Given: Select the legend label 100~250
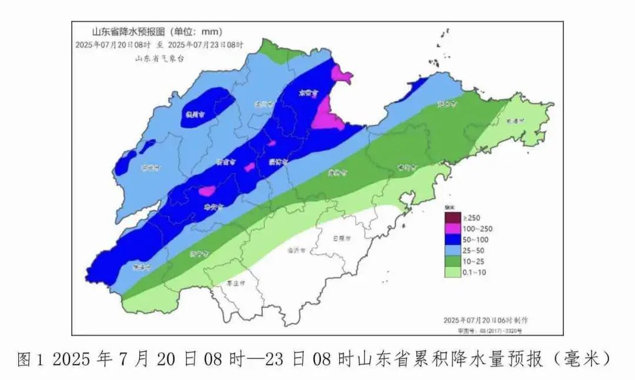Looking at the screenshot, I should (x=477, y=229).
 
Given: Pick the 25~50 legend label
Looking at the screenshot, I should (x=473, y=251).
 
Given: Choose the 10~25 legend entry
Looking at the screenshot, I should (x=473, y=261).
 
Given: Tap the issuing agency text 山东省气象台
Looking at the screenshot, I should (x=155, y=58).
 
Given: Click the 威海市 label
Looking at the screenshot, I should (x=515, y=121).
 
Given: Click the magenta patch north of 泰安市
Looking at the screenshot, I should (x=207, y=191).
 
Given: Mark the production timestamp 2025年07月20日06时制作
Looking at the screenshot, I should (x=486, y=319).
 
